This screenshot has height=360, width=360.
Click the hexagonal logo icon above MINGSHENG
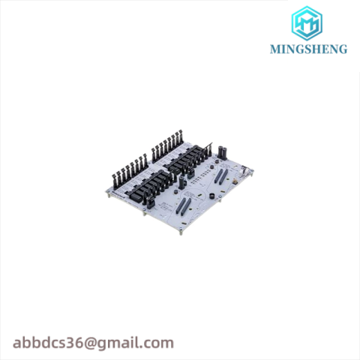[x=308, y=23]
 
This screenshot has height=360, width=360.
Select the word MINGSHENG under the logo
[x=308, y=50]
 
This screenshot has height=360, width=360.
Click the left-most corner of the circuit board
[x=107, y=193]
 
